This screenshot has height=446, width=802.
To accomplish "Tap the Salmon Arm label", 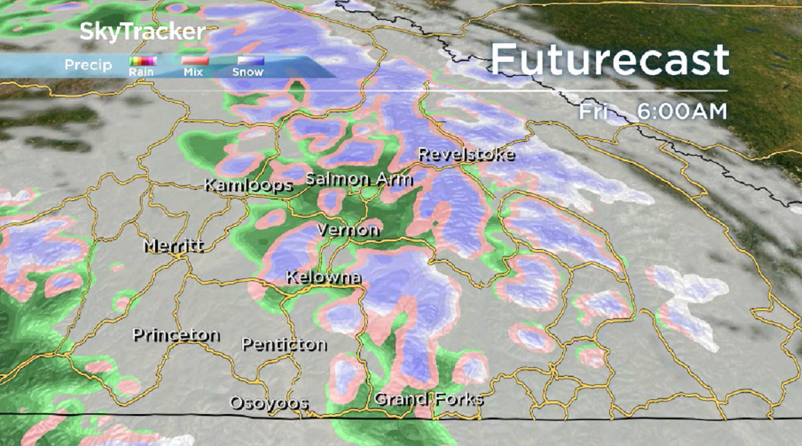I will (359, 180).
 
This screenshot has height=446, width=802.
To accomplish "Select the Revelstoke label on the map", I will (466, 154).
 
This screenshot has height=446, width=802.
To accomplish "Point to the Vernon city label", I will (348, 230).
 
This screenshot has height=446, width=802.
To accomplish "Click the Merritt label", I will (173, 246).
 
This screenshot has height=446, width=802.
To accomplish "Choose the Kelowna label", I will (323, 278).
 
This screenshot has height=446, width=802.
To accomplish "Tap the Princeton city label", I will (176, 335).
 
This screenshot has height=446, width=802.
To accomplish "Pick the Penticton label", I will (284, 344).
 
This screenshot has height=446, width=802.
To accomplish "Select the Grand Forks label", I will (428, 399).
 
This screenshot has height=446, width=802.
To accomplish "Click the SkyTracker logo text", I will (143, 32).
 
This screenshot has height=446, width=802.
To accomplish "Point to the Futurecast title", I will (609, 60).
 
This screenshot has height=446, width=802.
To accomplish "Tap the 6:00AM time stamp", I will (681, 112).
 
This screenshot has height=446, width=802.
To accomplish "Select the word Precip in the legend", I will (88, 65).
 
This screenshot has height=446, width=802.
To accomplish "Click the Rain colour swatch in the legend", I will (143, 61).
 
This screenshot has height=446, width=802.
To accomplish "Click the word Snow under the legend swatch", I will (248, 72).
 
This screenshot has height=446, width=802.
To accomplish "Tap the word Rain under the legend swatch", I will (141, 72).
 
